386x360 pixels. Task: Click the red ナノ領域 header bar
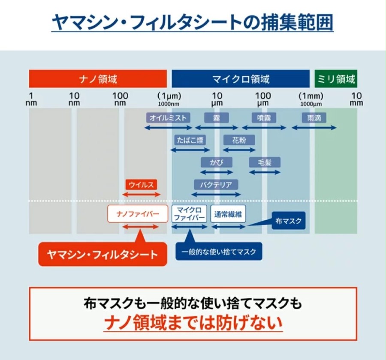coord(98,79)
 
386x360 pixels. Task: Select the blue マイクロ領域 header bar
coord(241,79)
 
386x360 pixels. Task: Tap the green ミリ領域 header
coord(336,79)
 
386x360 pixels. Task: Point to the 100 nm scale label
coord(120,99)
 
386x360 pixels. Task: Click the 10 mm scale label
coord(356,99)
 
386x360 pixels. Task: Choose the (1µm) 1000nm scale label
coord(169,99)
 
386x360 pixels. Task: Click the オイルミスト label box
coord(168,118)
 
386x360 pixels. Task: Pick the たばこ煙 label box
coord(190,140)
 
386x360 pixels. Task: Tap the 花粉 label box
coord(239,140)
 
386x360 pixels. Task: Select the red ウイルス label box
coord(141,185)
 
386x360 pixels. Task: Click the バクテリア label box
coord(216,185)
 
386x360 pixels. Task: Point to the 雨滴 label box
coord(314,118)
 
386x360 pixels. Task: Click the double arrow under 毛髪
coord(265,172)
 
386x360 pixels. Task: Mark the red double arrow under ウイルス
coord(141,195)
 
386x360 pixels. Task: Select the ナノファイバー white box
coord(138,214)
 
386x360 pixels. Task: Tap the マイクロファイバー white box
coord(189,214)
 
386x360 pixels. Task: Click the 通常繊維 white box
coord(228,214)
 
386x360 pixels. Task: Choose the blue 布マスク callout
coord(289,221)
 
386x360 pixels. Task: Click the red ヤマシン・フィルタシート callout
coord(103,254)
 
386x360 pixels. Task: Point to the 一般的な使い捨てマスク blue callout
coord(219,252)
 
